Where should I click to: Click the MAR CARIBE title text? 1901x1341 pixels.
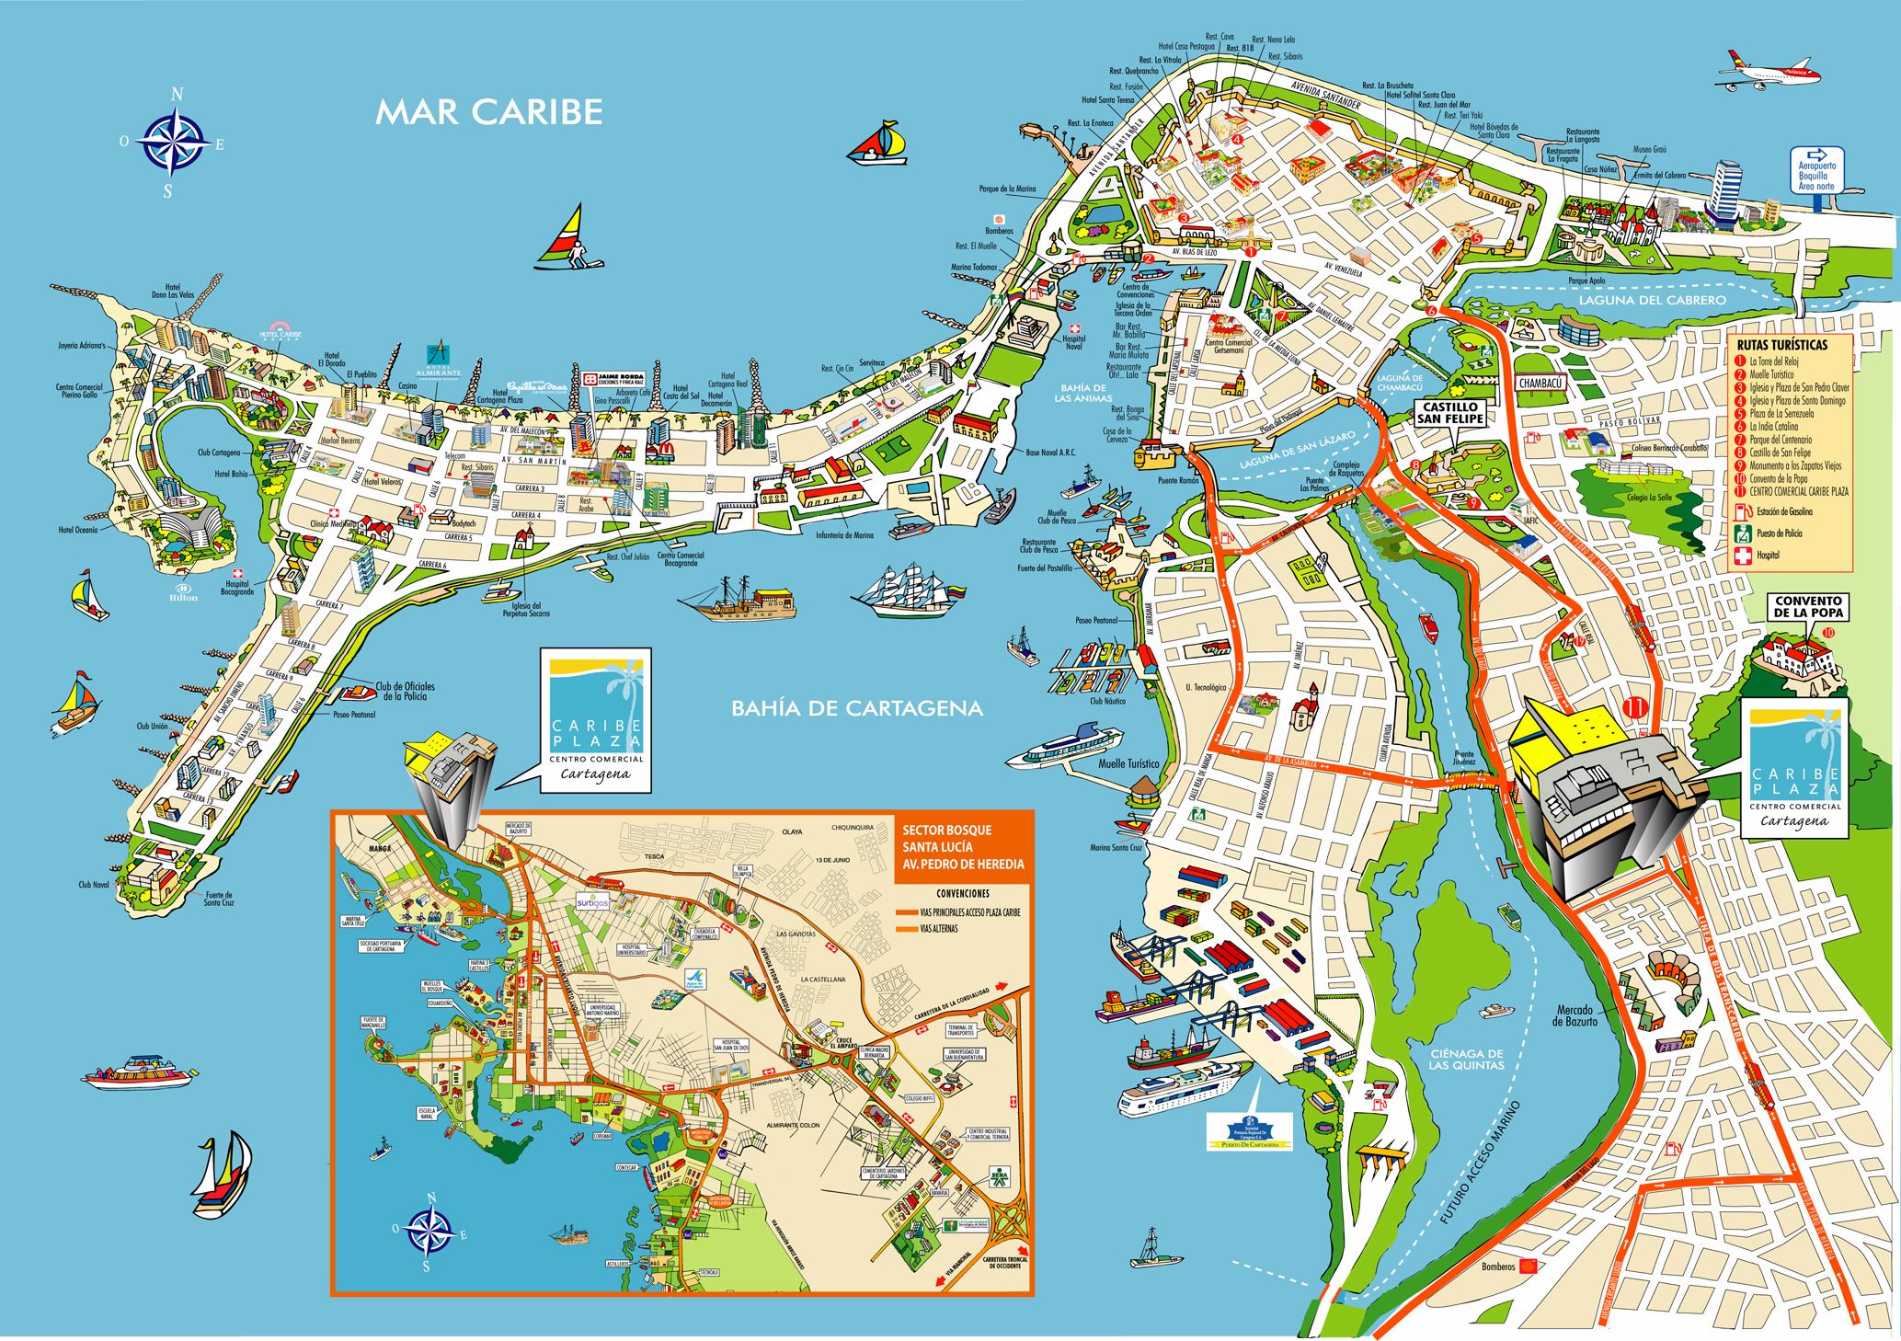(489, 112)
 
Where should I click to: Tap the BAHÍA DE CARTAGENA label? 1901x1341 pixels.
(843, 708)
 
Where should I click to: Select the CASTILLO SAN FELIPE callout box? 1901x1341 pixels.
(1449, 412)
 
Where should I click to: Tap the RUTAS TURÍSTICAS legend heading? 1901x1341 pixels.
(1781, 345)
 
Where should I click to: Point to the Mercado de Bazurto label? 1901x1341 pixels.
(1579, 1015)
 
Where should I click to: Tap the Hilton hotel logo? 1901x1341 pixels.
(183, 591)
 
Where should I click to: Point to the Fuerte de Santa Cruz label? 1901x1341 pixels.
(218, 898)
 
